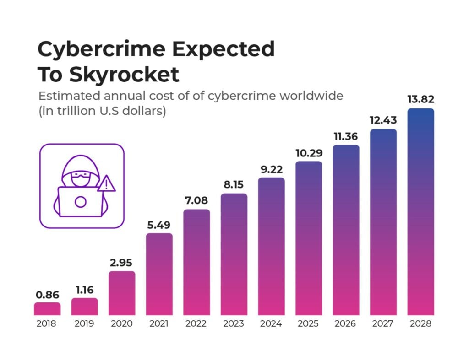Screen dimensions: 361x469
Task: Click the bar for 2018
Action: click(47, 309)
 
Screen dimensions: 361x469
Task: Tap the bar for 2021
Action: click(159, 275)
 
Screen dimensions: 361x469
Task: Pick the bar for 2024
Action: click(271, 247)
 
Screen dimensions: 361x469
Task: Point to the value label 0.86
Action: click(47, 295)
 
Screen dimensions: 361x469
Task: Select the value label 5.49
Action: click(159, 225)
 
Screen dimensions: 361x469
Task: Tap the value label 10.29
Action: click(309, 153)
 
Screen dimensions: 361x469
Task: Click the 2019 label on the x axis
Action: click(85, 324)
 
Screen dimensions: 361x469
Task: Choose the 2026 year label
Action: click(346, 324)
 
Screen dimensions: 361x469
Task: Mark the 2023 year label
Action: click(234, 324)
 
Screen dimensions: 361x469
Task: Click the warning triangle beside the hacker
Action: click(107, 184)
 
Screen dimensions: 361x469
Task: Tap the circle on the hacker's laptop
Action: click(81, 202)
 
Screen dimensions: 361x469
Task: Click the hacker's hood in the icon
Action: click(80, 163)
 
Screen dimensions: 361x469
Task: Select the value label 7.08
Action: click(196, 201)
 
